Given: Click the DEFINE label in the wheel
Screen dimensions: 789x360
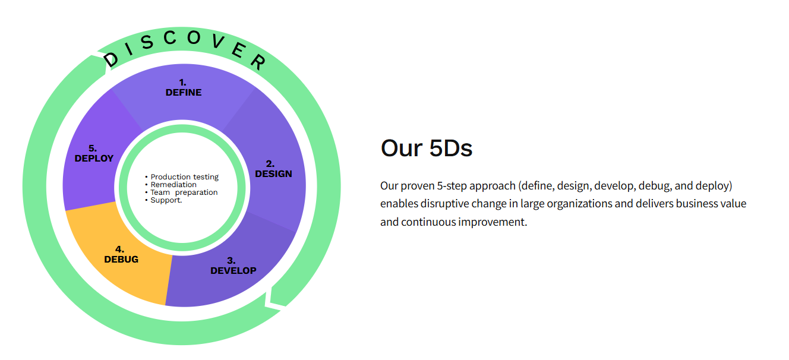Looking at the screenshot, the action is tap(184, 92).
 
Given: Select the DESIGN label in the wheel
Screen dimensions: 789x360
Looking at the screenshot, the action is tap(273, 173).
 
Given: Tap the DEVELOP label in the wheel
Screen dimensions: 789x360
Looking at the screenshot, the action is tap(233, 270).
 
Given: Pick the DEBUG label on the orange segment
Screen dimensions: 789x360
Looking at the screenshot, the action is tap(121, 259).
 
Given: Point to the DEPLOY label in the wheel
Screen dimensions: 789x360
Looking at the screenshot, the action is tap(94, 158).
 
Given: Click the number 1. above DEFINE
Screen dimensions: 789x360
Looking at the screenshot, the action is tap(182, 83).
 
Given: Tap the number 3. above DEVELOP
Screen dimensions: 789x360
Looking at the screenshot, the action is tap(231, 261).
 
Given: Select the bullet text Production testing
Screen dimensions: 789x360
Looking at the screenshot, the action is tap(185, 177).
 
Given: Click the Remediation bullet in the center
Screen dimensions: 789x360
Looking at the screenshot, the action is tap(173, 185).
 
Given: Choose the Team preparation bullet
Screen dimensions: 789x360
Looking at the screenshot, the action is tap(184, 192).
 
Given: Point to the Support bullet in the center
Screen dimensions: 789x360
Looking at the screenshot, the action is tap(166, 200).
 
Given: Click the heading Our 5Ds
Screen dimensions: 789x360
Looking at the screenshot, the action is tap(426, 148).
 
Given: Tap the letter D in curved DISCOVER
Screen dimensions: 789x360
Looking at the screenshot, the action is tap(111, 59).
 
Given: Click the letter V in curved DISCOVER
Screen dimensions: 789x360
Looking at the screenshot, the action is tap(219, 41).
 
